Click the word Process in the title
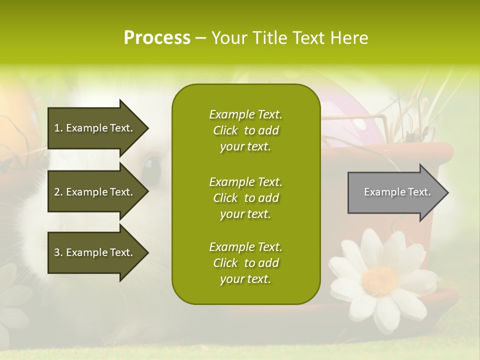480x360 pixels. (157, 38)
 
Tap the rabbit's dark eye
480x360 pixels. (150, 165)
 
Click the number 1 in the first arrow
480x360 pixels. (57, 128)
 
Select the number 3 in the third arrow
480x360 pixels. (57, 252)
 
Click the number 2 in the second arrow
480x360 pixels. (57, 192)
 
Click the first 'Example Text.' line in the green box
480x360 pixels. (245, 114)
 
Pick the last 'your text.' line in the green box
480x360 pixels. (245, 279)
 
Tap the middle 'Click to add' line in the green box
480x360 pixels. (245, 198)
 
